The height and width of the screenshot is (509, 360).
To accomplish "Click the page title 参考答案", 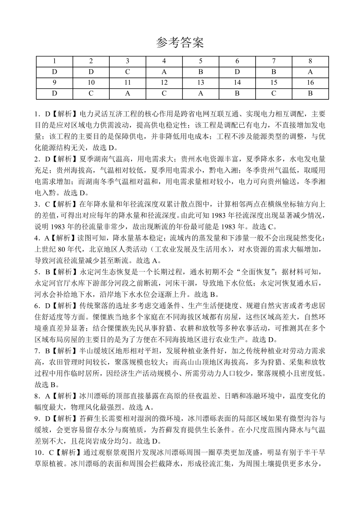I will (180, 43).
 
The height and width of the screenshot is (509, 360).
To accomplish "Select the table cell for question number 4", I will (164, 61).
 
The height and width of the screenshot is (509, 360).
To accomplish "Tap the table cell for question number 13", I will (201, 82).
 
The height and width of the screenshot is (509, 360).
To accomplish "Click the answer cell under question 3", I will (127, 72).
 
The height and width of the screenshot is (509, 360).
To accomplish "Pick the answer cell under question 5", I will (201, 72).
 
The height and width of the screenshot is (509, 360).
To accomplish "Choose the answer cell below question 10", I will (91, 93).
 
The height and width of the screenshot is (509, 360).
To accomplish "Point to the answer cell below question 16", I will (311, 93).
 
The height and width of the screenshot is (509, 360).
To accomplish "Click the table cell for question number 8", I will (311, 61).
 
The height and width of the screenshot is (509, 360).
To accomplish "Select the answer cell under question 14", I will (237, 93).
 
